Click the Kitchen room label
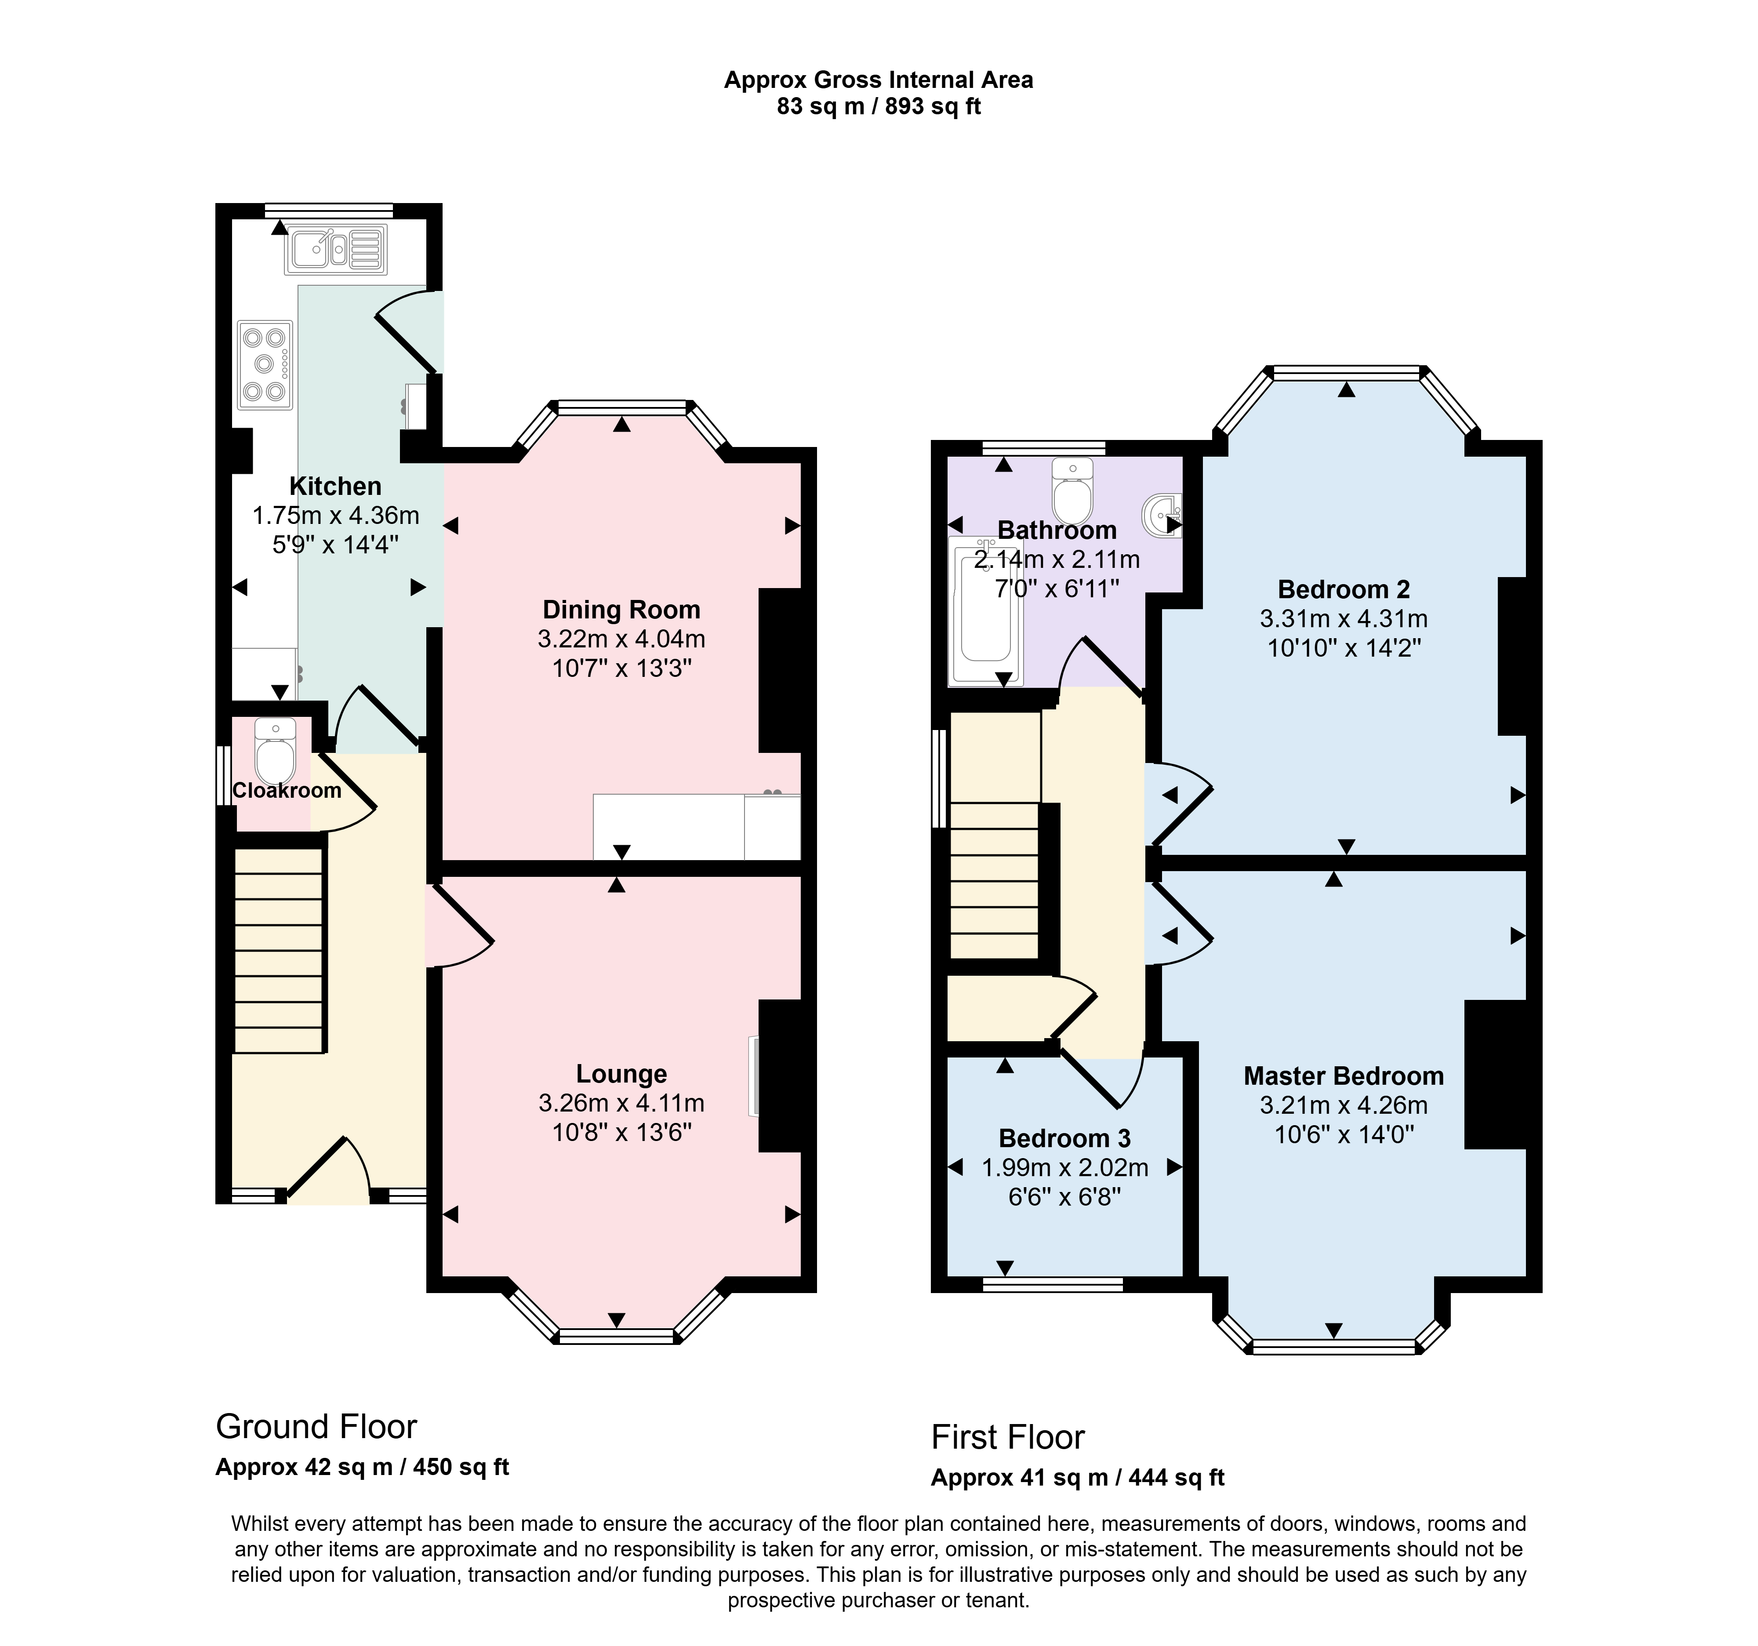[335, 487]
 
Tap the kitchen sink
[336, 249]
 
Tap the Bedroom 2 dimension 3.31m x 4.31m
[1343, 619]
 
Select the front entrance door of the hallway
[327, 1169]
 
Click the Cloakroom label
[287, 791]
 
